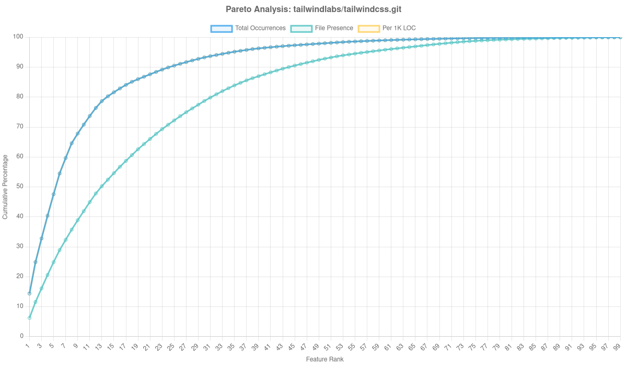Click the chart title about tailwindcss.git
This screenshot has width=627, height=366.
313,9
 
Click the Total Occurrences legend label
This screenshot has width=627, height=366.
260,28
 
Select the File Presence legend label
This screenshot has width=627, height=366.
334,28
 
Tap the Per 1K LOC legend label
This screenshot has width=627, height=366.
399,28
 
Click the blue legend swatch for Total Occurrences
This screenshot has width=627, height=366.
221,28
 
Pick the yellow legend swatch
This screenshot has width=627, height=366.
368,28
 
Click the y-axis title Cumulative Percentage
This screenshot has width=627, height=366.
5,187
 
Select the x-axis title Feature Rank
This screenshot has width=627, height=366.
324,360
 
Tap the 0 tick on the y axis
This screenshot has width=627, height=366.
22,336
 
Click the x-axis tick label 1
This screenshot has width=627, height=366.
28,346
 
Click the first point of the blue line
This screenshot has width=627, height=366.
29,293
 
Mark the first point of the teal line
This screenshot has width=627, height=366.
29,318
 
